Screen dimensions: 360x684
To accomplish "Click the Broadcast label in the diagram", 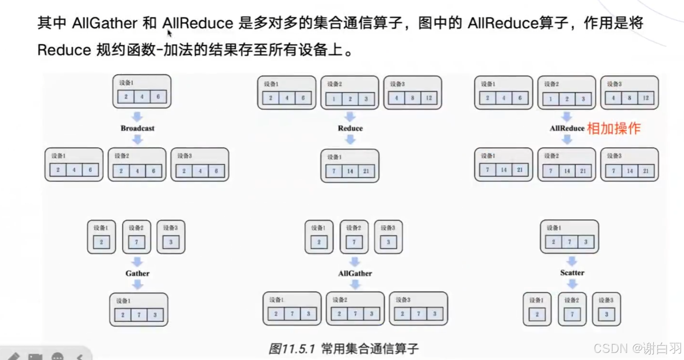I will [x=137, y=128].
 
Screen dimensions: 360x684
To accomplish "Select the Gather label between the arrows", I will [x=137, y=273].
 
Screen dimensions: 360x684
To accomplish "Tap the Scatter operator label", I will [x=572, y=273].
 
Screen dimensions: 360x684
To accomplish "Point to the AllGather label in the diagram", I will [x=355, y=273].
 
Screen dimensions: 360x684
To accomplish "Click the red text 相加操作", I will [x=613, y=128].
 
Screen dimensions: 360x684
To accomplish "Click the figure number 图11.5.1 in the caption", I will [x=291, y=349].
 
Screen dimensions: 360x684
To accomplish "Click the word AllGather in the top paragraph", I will [x=104, y=23].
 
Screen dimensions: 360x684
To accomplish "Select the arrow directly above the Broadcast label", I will [x=137, y=117].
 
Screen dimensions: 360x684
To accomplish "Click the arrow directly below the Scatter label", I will [x=572, y=284].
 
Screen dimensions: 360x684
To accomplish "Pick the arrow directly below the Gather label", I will [x=137, y=285].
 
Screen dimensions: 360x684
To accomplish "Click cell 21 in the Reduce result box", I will [x=366, y=171].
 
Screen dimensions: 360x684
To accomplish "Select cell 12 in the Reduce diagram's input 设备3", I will [x=429, y=98].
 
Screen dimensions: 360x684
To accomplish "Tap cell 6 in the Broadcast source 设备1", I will [x=158, y=97].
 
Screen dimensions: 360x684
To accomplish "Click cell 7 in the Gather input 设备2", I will [x=136, y=242].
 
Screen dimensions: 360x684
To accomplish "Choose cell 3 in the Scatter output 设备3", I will [x=606, y=314].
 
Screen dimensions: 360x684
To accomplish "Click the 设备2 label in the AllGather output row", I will [x=339, y=300].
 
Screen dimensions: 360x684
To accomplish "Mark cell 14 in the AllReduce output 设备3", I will [x=629, y=170].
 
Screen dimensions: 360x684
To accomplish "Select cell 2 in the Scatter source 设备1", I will [x=553, y=242].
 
